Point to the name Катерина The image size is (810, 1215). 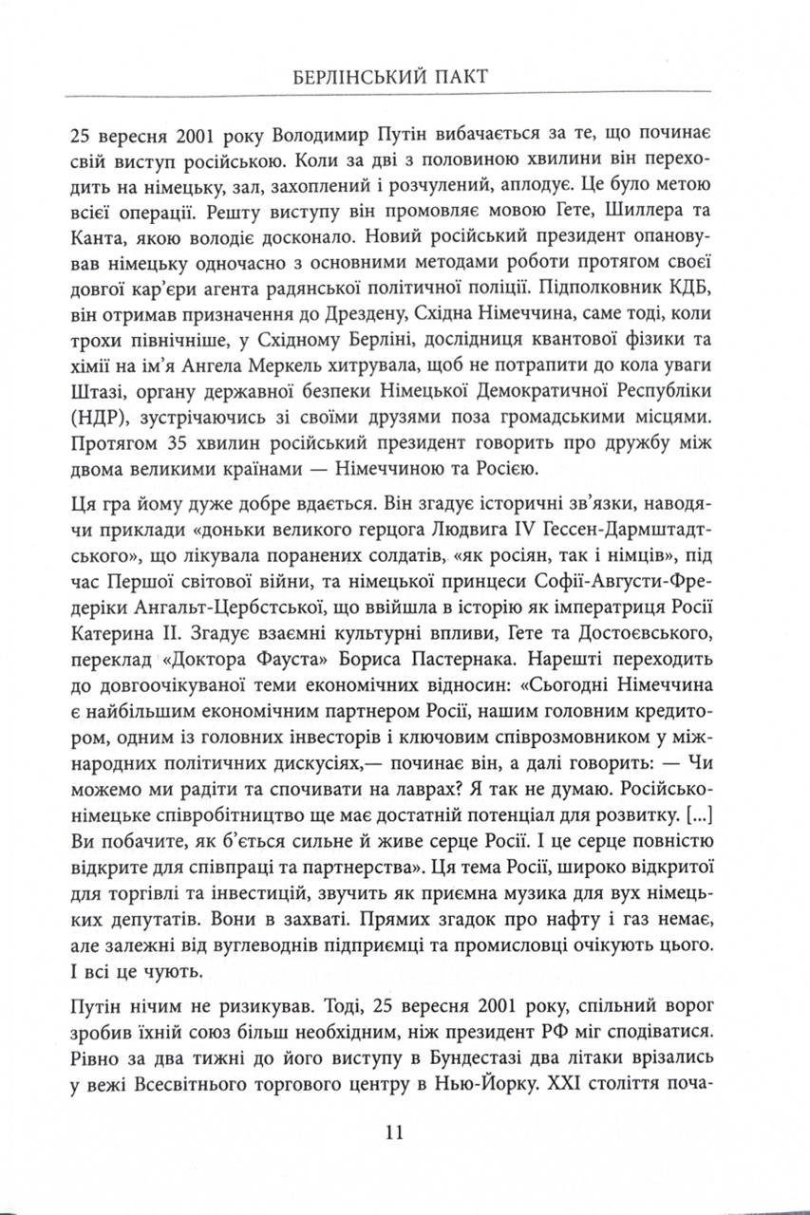coord(111,627)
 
